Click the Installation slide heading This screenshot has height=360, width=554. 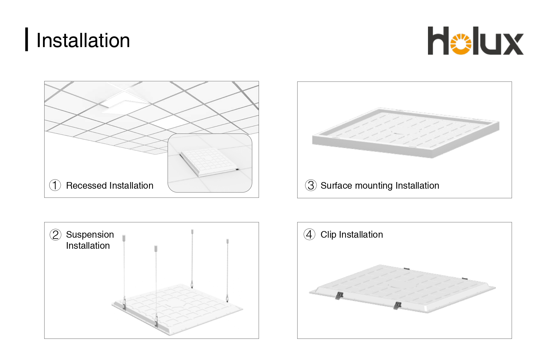pos(83,40)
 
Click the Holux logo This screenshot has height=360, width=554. pos(476,41)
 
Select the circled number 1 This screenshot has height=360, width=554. pos(55,185)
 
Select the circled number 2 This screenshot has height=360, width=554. pos(55,235)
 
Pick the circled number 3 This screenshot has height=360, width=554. pos(311,185)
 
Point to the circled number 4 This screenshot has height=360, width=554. pos(310,235)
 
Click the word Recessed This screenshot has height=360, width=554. pos(86,186)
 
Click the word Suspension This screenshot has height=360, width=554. pos(90,235)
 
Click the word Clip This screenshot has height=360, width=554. pos(328,235)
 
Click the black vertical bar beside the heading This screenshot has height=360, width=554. pos(27,39)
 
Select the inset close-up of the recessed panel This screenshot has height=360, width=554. pos(210,163)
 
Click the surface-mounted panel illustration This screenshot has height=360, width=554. pos(406,132)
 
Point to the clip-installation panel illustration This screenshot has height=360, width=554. pos(402,288)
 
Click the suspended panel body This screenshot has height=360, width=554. pos(178,310)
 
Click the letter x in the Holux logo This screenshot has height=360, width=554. pos(512,44)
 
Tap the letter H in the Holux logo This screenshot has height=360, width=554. pos(438,41)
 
